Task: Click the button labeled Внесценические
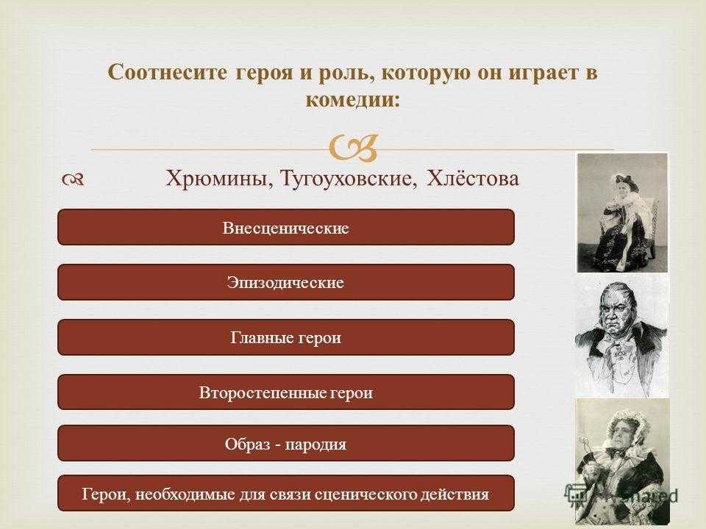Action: [286, 227]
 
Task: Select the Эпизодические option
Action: [286, 282]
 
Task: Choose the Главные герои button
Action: [286, 337]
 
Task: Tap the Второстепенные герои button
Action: [286, 392]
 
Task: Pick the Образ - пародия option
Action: [286, 443]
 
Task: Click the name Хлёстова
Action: [473, 177]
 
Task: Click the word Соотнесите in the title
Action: [168, 73]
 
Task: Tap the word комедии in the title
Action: [352, 99]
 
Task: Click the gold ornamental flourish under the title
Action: [354, 148]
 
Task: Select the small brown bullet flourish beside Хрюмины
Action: [73, 180]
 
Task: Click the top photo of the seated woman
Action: [622, 212]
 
